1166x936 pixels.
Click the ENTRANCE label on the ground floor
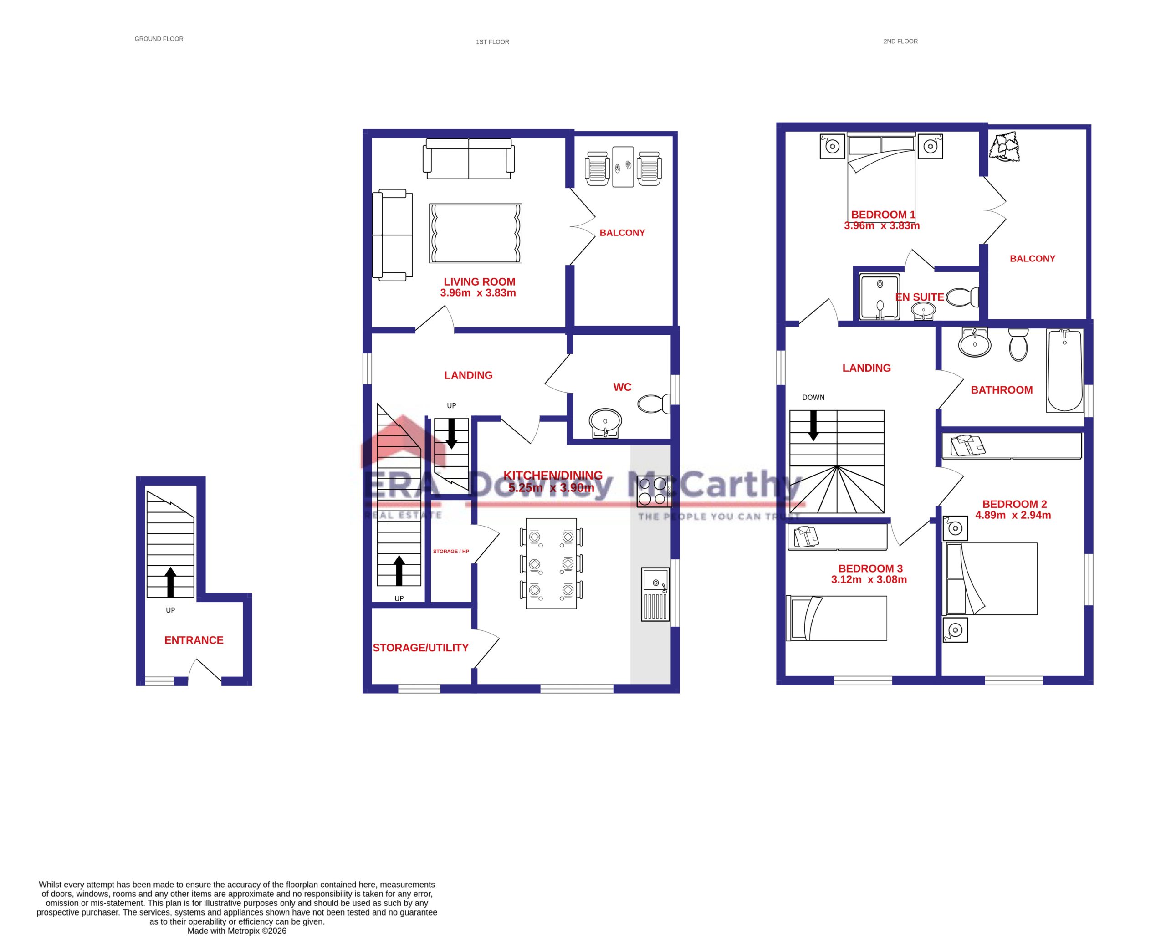[x=194, y=640]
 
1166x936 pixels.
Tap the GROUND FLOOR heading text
[x=159, y=39]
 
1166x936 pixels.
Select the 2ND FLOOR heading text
[x=900, y=41]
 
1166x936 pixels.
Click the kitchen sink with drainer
[x=655, y=594]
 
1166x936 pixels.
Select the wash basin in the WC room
[x=605, y=421]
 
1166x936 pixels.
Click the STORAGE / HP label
[x=450, y=552]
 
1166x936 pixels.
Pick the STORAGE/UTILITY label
[x=420, y=648]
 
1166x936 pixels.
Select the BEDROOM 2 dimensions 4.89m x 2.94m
[x=1013, y=515]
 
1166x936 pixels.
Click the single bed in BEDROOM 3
[x=836, y=618]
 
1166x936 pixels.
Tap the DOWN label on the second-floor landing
[x=813, y=398]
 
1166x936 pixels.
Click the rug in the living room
[x=475, y=233]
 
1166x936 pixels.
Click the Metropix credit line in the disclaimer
[x=236, y=931]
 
